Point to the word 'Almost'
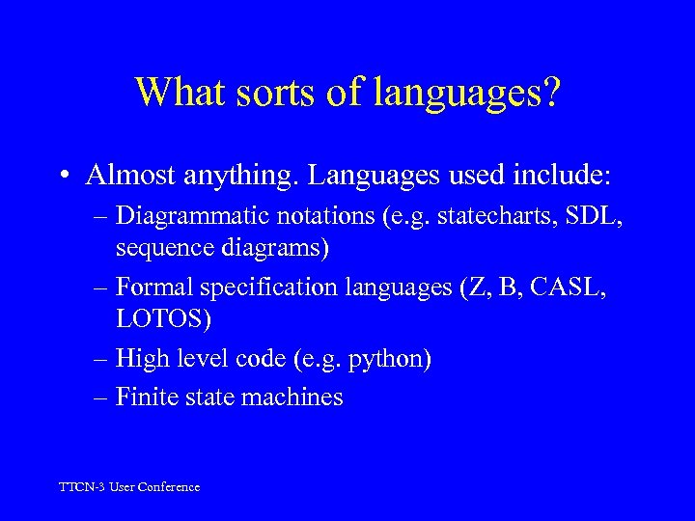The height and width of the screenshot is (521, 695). [x=125, y=176]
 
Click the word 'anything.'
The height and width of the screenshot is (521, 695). [x=222, y=176]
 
